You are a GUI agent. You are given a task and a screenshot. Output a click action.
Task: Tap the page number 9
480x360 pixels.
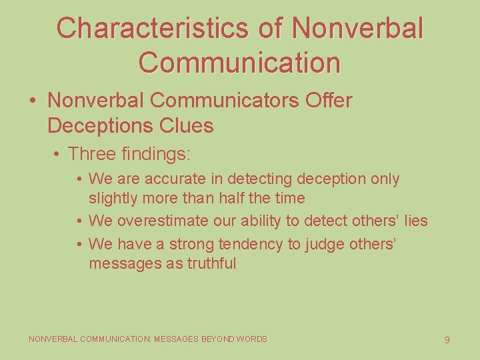pyautogui.click(x=447, y=340)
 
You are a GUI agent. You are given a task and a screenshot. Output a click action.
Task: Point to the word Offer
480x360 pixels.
pyautogui.click(x=329, y=101)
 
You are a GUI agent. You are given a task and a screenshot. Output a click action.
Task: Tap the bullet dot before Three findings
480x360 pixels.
pyautogui.click(x=59, y=155)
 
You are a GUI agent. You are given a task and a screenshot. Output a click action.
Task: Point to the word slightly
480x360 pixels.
pyautogui.click(x=113, y=198)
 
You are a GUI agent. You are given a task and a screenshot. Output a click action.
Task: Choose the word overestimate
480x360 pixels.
pyautogui.click(x=161, y=221)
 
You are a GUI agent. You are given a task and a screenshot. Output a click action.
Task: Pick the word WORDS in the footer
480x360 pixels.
pyautogui.click(x=252, y=339)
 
